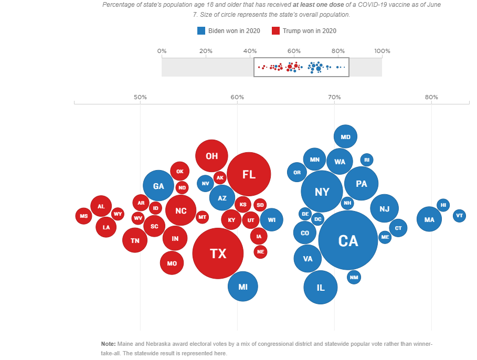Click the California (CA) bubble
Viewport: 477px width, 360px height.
click(348, 240)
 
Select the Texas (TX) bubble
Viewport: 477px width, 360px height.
click(218, 253)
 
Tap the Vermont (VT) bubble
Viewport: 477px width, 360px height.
click(459, 215)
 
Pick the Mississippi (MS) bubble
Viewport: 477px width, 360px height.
click(83, 216)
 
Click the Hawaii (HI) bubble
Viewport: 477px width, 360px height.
click(443, 205)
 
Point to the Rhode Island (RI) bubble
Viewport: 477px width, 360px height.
click(367, 160)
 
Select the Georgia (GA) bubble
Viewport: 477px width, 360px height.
click(158, 186)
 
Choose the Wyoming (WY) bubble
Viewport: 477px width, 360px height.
click(118, 214)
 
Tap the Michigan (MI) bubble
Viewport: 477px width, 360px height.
click(243, 287)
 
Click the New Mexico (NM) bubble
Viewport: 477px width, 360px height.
click(354, 277)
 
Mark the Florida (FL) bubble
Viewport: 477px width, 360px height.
click(249, 174)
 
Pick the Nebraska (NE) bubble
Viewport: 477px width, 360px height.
click(261, 252)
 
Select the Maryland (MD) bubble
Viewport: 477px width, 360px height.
click(345, 137)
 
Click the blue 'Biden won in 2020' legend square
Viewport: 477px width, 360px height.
click(201, 31)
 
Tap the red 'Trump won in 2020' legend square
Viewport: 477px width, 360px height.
click(275, 31)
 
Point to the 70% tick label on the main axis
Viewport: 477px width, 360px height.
click(334, 97)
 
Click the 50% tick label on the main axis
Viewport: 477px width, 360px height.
click(140, 97)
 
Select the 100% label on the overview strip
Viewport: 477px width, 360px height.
click(382, 51)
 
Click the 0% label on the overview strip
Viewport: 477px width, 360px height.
click(162, 51)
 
